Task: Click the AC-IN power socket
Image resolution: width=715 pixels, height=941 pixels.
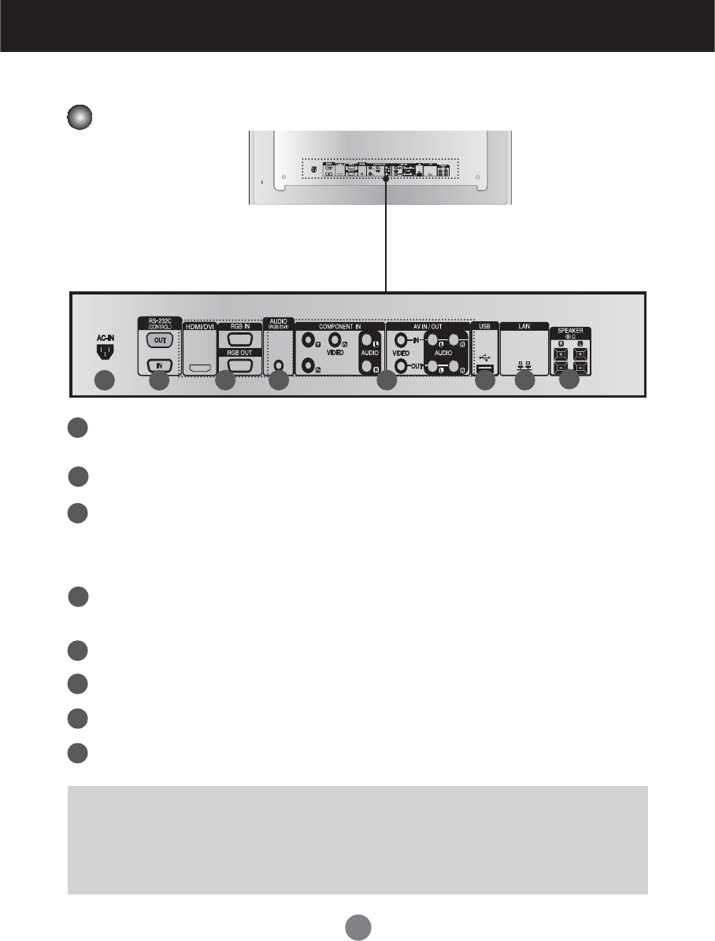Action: click(x=105, y=349)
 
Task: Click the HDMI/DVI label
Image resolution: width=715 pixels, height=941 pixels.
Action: click(x=199, y=326)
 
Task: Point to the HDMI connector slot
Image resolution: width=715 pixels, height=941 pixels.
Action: click(x=200, y=368)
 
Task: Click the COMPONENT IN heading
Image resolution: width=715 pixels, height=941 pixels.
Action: click(x=339, y=325)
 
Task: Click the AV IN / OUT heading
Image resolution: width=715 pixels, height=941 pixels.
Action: click(x=428, y=326)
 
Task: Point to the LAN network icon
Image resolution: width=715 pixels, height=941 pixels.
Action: click(x=524, y=365)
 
